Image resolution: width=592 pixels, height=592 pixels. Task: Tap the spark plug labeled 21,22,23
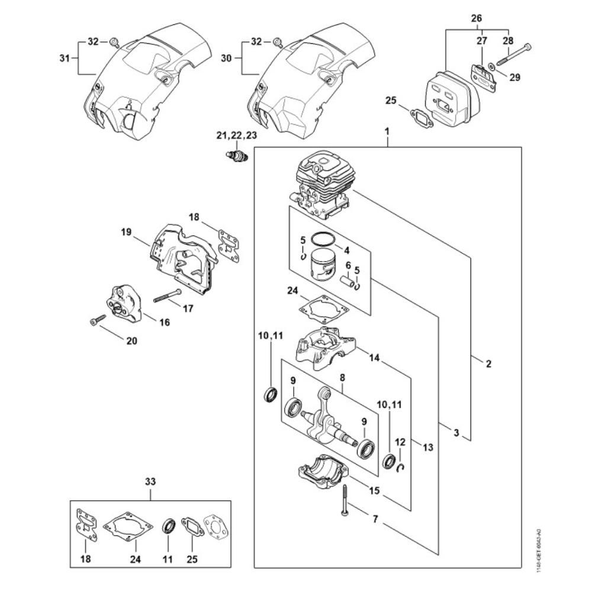point(237,156)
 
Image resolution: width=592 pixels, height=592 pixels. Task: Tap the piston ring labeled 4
point(323,239)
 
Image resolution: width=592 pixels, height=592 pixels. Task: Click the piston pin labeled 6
point(349,280)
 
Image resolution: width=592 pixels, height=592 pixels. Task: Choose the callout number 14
point(374,358)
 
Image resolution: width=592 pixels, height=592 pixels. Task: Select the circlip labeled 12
point(401,468)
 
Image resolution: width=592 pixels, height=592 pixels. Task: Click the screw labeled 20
point(97,320)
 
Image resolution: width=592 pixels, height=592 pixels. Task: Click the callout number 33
point(150,482)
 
